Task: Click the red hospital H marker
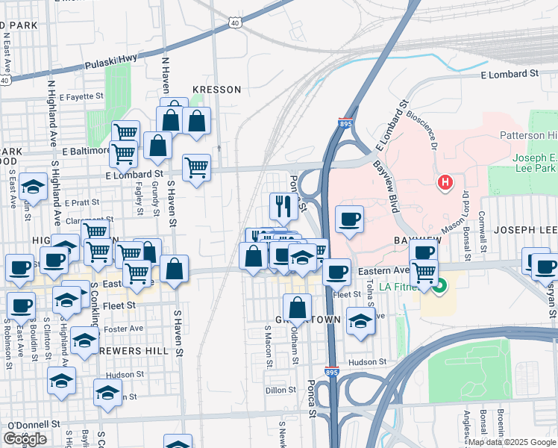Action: coord(445,181)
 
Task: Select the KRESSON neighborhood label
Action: coord(217,90)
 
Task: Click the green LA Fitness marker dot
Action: coord(439,284)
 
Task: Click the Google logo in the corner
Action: coord(25,439)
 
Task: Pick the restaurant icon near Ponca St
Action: coord(283,205)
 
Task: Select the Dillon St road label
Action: coord(280,390)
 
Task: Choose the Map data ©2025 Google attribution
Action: coord(512,442)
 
